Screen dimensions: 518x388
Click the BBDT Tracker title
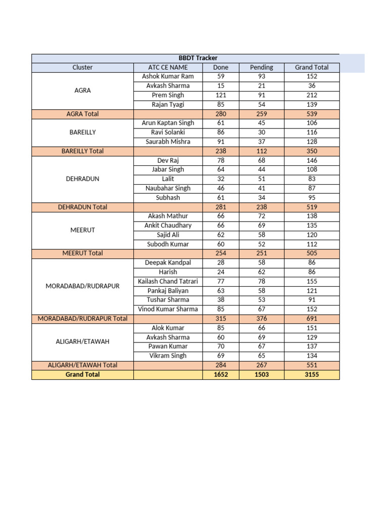(x=198, y=58)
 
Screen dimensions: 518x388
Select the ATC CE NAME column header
(x=168, y=67)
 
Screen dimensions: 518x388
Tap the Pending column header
(x=261, y=67)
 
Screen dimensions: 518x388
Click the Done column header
(x=221, y=67)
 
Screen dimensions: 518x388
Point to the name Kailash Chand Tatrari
(x=168, y=281)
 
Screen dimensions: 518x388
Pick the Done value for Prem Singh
(x=221, y=95)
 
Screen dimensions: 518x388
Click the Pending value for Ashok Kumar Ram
(x=261, y=76)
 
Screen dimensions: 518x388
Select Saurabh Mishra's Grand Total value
(x=312, y=142)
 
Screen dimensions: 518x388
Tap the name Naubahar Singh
(x=168, y=188)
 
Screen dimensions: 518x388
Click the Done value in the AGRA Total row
(x=221, y=114)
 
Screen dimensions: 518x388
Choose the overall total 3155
(x=312, y=375)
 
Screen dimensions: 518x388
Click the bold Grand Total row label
(x=82, y=375)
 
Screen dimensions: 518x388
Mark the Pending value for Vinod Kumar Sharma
(x=261, y=309)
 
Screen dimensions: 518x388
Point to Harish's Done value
(x=221, y=272)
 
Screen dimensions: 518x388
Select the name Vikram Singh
(x=168, y=356)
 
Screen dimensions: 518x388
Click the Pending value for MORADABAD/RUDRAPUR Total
(x=261, y=319)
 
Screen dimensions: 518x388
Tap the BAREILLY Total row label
(x=82, y=151)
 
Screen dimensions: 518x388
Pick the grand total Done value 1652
(x=221, y=375)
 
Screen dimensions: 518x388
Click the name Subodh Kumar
(x=168, y=244)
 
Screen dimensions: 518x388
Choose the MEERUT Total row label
(x=82, y=253)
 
